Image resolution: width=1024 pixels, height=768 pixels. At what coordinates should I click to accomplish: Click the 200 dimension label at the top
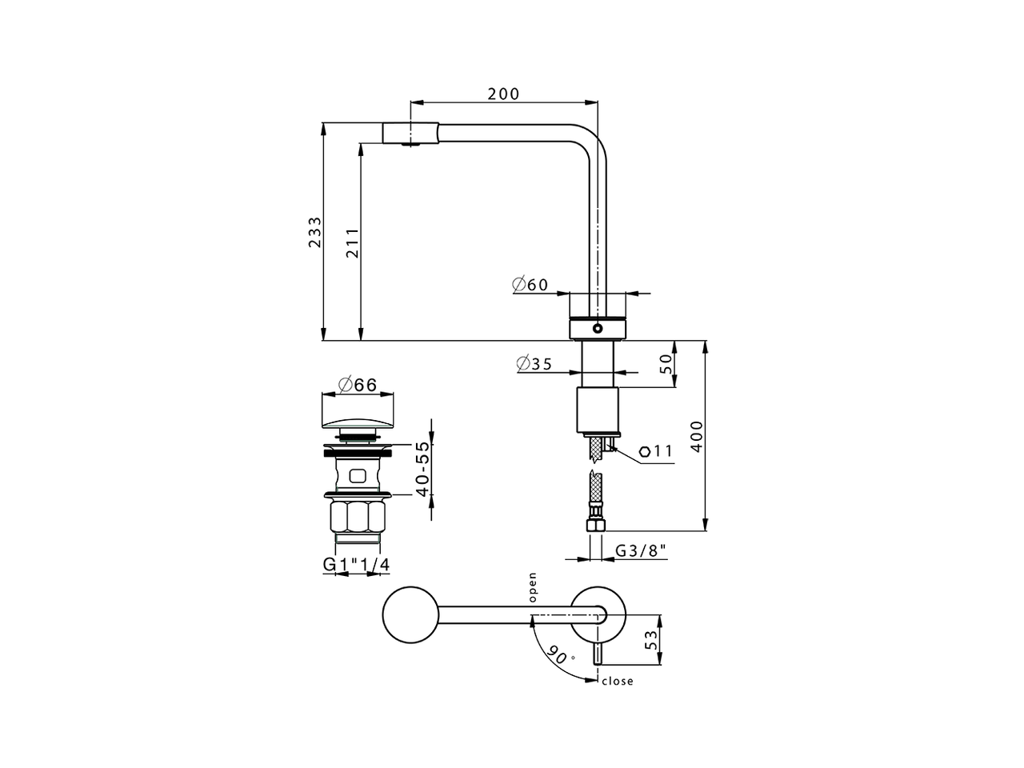tap(503, 94)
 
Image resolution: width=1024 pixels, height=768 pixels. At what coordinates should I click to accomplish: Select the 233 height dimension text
tap(315, 232)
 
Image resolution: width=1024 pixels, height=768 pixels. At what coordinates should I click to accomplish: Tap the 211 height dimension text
tap(352, 242)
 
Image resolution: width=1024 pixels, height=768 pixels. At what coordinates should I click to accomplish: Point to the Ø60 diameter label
tap(530, 284)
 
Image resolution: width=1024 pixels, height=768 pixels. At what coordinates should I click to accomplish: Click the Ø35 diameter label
tap(534, 364)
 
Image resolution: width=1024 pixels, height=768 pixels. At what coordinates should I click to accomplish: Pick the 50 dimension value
tap(666, 364)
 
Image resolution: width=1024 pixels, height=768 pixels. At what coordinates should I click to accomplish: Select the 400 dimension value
tap(697, 436)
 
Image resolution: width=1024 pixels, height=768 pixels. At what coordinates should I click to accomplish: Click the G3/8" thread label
tap(641, 551)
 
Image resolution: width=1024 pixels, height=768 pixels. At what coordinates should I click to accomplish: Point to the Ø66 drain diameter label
tap(358, 385)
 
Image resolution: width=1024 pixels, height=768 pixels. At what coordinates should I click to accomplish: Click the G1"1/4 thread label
tap(357, 565)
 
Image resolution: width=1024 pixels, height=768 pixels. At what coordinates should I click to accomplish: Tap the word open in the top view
tap(532, 586)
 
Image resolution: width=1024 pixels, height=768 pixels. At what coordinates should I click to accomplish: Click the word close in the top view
tap(617, 682)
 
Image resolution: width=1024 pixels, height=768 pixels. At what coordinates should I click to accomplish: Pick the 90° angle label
tap(561, 655)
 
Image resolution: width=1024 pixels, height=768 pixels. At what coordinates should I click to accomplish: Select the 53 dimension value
tap(652, 639)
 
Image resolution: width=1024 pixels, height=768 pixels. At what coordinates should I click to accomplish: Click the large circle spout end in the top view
tap(412, 616)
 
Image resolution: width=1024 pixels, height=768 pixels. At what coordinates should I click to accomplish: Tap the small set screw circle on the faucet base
tap(598, 328)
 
